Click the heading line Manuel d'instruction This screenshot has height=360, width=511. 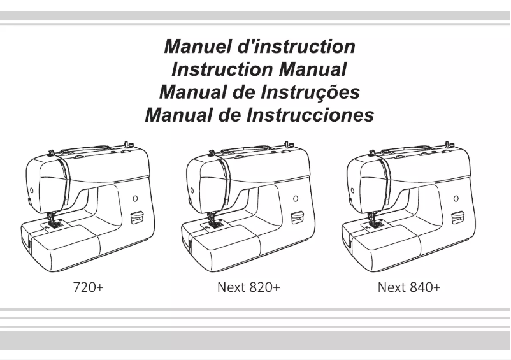tap(259, 47)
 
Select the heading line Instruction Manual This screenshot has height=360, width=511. tap(259, 69)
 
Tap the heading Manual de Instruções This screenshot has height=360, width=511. tap(259, 92)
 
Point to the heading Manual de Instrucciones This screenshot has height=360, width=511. tap(259, 115)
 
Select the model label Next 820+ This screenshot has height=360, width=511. tap(249, 287)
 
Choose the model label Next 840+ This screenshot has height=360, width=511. tap(408, 287)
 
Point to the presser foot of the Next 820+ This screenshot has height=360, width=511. tap(215, 223)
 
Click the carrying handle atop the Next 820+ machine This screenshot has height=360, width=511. tap(248, 149)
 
